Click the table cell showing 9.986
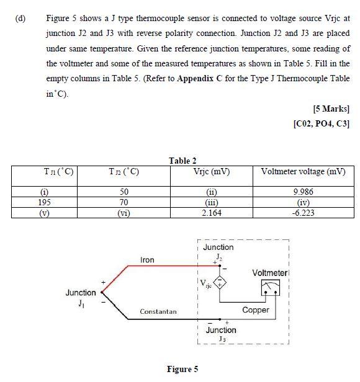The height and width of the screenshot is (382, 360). (x=303, y=192)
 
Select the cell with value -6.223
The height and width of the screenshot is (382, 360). (x=303, y=213)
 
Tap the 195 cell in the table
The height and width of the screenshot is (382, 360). (x=45, y=202)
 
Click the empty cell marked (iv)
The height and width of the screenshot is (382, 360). (x=303, y=202)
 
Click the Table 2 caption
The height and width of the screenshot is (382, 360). (x=182, y=161)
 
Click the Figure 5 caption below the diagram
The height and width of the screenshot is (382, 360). (x=182, y=370)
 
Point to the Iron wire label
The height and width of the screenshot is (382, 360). (x=147, y=260)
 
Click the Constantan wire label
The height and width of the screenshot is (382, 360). (x=158, y=311)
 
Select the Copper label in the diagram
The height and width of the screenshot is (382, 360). (x=255, y=309)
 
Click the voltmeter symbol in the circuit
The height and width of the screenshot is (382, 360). (x=270, y=287)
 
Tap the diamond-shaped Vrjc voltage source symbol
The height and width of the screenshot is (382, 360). (x=222, y=284)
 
